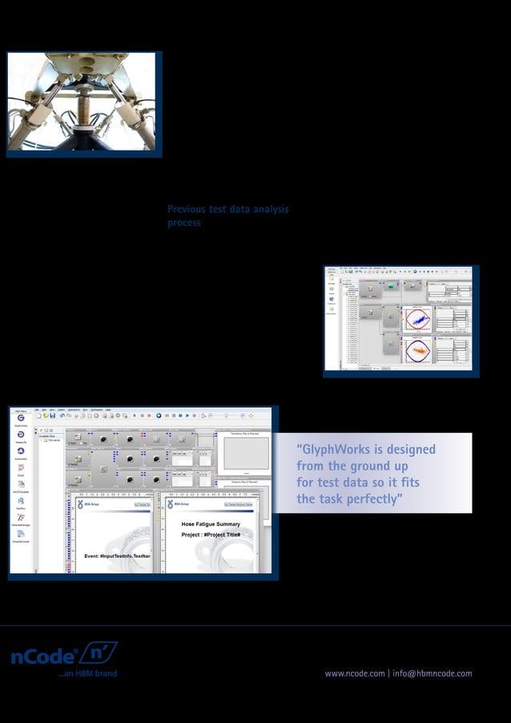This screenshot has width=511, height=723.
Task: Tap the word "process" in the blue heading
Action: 183,224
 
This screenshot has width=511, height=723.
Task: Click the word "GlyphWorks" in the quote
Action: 340,450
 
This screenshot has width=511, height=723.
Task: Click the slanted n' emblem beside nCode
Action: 98,652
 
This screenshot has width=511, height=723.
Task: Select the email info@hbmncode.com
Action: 433,673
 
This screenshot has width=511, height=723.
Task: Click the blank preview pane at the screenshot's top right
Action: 246,453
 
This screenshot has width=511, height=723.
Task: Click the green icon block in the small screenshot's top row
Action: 392,285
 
